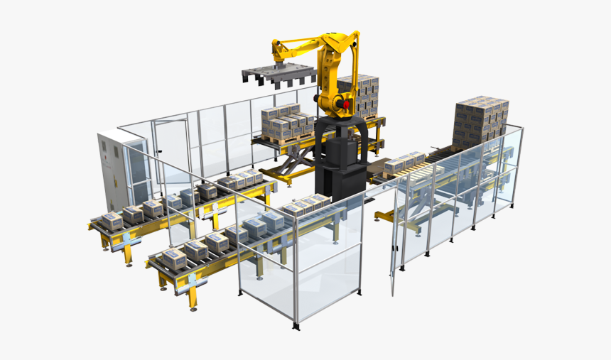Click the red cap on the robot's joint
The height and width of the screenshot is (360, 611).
point(347,105)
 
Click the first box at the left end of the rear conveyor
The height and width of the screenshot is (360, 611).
point(111,220)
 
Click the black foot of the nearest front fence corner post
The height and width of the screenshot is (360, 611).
point(296,327)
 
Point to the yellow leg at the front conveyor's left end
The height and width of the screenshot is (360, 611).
point(193,295)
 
